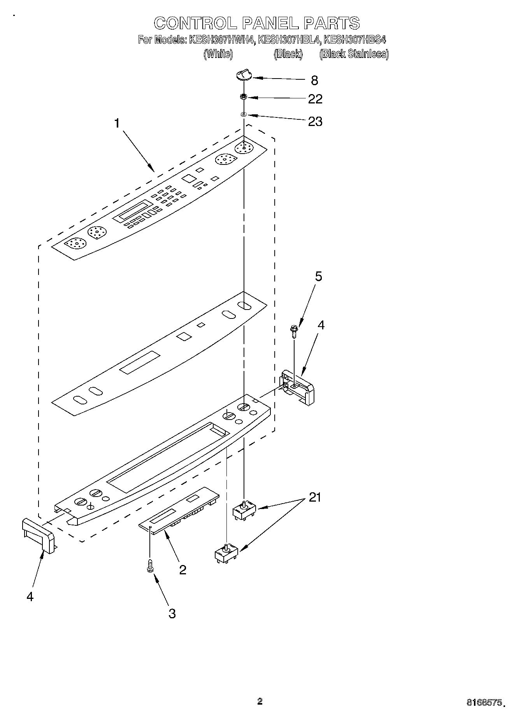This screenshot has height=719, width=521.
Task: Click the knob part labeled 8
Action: [244, 74]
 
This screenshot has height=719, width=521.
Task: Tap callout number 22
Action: [315, 99]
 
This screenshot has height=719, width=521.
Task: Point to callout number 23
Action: [315, 122]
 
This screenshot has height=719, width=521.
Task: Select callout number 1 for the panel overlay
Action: [117, 123]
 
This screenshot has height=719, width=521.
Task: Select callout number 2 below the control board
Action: [182, 570]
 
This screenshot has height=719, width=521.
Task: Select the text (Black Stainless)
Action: [354, 54]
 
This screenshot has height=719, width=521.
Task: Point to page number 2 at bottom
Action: [260, 702]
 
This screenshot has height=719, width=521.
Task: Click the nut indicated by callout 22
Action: [244, 96]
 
